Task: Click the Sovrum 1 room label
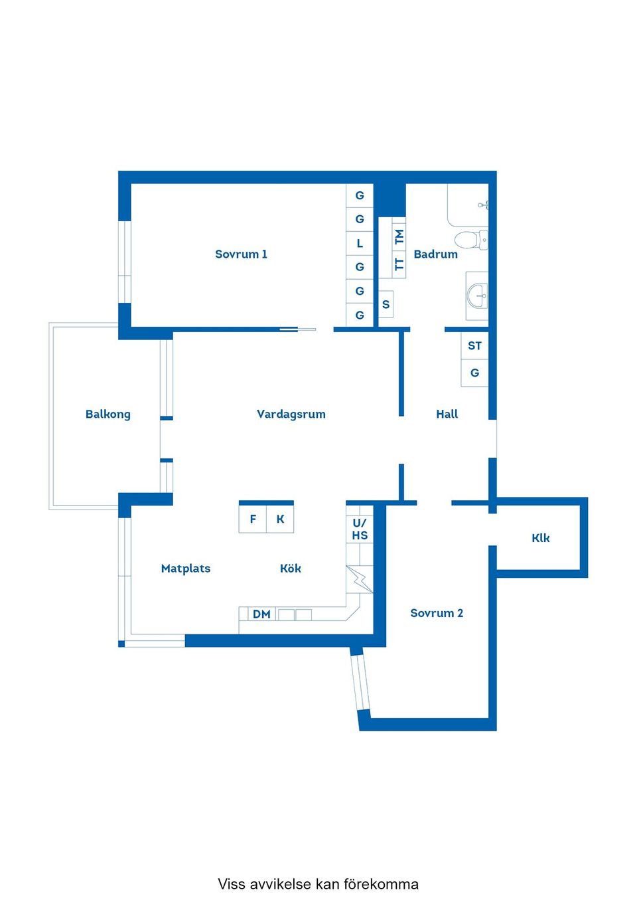(x=241, y=254)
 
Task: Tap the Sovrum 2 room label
(x=436, y=613)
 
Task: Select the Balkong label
(x=108, y=414)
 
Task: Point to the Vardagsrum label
(x=291, y=414)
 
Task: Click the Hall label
(x=447, y=414)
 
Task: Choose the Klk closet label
(x=540, y=538)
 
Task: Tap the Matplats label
(x=186, y=569)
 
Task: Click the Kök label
(x=290, y=569)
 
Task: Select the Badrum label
(x=435, y=254)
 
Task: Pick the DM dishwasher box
(x=261, y=614)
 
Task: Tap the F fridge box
(x=253, y=519)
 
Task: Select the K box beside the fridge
(x=280, y=519)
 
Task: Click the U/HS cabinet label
(x=360, y=529)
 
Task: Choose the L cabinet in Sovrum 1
(x=360, y=243)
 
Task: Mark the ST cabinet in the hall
(x=474, y=345)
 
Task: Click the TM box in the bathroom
(x=399, y=236)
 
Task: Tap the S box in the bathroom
(x=386, y=305)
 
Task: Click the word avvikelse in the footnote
(x=280, y=884)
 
